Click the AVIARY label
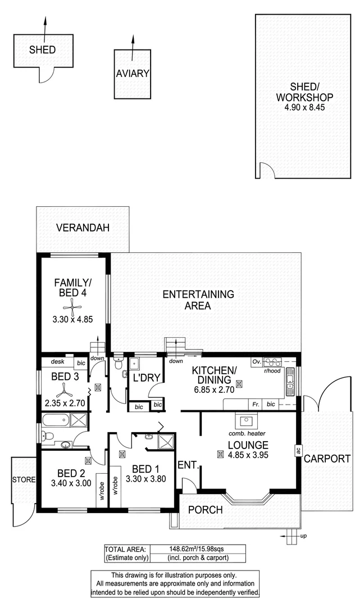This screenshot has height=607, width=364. coord(133,74)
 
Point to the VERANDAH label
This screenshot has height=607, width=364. coord(82,228)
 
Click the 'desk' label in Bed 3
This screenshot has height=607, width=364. coord(56,363)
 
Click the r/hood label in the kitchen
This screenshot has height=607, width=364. coord(272,372)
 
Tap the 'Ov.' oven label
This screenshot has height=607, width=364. coord(256,361)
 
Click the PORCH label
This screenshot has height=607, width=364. coord(205,510)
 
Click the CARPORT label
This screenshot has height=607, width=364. coord(327,459)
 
